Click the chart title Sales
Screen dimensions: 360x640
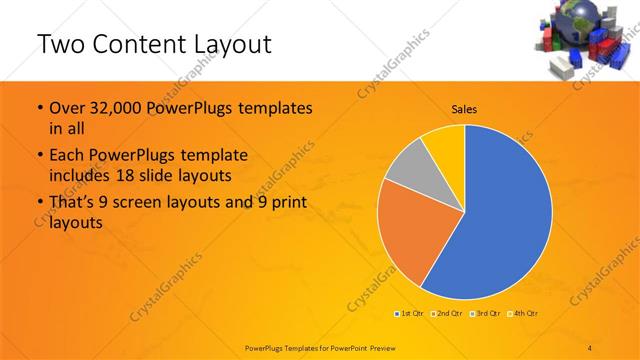click(x=464, y=108)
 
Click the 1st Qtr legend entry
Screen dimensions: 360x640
click(x=409, y=314)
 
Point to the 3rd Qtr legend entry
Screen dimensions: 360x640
click(x=487, y=314)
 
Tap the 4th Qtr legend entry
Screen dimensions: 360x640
click(x=526, y=314)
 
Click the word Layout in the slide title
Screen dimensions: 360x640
click(x=231, y=44)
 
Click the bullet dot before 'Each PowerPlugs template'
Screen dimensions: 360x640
click(x=39, y=156)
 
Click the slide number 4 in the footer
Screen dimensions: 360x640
click(x=590, y=346)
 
